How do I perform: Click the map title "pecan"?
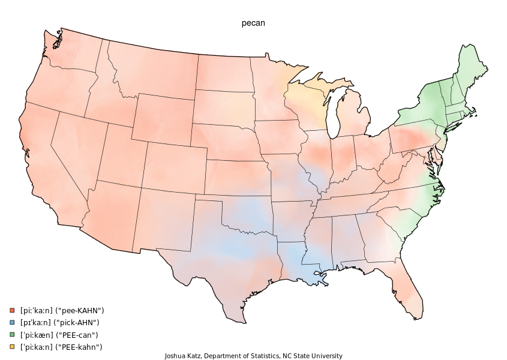click(253, 23)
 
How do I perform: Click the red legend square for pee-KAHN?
click(11, 310)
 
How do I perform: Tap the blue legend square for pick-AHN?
click(11, 322)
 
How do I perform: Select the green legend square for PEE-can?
click(11, 335)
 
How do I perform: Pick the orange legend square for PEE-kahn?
click(11, 347)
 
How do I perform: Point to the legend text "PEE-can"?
click(82, 335)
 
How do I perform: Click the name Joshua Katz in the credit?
click(184, 356)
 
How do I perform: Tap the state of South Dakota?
click(223, 107)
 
